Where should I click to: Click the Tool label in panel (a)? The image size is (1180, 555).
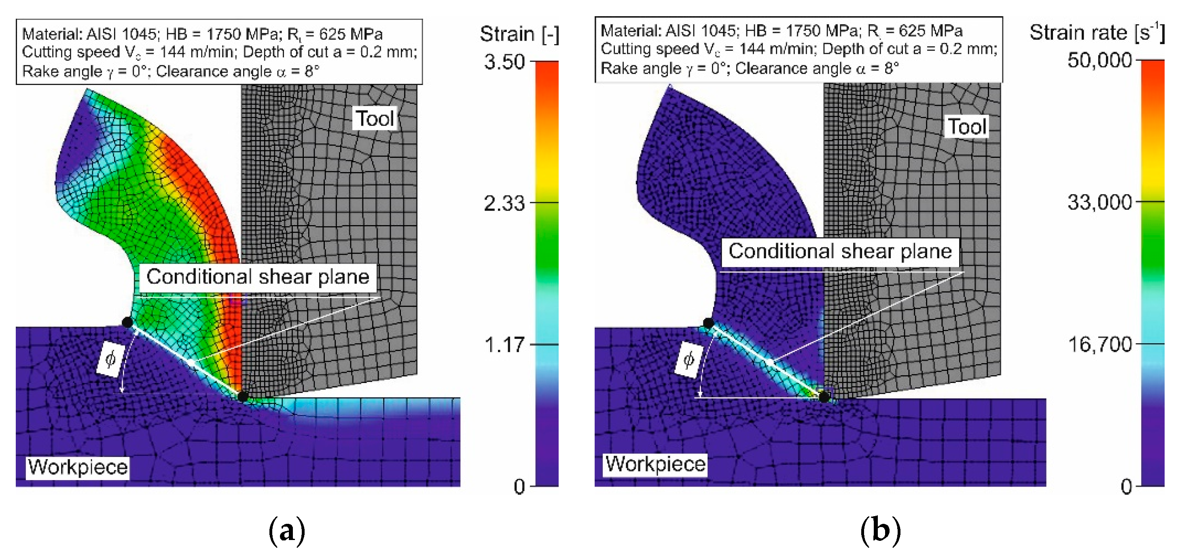click(x=375, y=119)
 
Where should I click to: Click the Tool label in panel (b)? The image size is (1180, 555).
click(x=966, y=126)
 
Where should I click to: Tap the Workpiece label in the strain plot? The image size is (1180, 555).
click(x=77, y=467)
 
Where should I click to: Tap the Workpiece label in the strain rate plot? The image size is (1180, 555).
click(x=655, y=464)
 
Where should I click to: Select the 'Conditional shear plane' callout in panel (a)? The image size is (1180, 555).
click(x=257, y=277)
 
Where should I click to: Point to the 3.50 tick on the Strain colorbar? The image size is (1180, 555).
click(x=504, y=62)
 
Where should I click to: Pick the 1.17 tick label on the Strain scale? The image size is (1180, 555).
click(x=504, y=344)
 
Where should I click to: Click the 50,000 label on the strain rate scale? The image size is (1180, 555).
click(x=1099, y=60)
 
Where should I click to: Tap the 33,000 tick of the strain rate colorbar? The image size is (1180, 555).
click(x=1099, y=202)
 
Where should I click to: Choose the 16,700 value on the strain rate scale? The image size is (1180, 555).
click(x=1099, y=344)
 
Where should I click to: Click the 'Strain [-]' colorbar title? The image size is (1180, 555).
click(x=519, y=34)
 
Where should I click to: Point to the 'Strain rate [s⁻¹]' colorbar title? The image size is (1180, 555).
click(x=1097, y=32)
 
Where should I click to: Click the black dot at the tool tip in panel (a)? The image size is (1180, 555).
click(x=242, y=396)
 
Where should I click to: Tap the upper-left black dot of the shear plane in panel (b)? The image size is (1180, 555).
click(x=708, y=323)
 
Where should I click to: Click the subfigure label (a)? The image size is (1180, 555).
click(x=287, y=531)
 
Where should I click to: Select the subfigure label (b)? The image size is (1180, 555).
click(x=880, y=531)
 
